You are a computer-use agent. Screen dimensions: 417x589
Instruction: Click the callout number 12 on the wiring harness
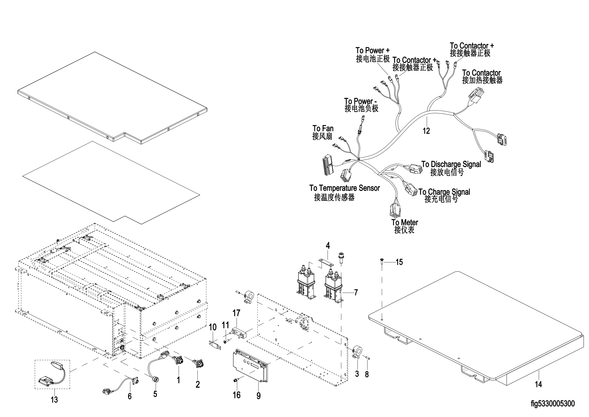coord(426,131)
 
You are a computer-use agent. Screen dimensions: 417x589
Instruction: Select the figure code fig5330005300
coord(552,404)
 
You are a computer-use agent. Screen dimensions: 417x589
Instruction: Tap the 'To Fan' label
coord(323,128)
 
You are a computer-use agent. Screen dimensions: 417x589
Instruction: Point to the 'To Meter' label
coord(405,223)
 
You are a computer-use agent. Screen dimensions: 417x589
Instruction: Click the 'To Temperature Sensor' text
coord(344,188)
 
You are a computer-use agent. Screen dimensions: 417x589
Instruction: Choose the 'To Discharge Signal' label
coord(451,164)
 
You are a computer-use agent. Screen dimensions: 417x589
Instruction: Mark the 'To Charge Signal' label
coord(444,192)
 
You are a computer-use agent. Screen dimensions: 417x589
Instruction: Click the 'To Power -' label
coord(360,101)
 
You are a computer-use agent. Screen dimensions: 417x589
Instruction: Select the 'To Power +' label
coord(372,50)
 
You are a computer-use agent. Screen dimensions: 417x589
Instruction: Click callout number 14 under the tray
coord(538,384)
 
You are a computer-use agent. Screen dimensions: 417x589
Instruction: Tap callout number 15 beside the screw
coord(399,262)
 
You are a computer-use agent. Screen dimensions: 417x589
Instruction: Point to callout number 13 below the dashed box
coord(54,400)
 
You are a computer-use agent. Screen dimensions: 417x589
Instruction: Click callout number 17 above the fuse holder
coord(236,313)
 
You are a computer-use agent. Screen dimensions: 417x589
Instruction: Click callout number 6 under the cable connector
coord(129,396)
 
